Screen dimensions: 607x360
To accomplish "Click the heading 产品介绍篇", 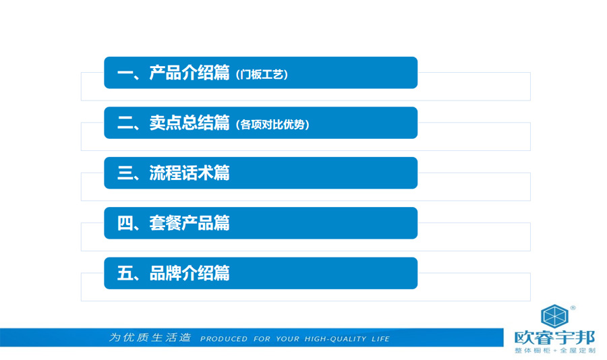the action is pyautogui.click(x=190, y=72).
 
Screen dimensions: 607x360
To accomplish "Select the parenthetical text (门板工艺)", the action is pyautogui.click(x=262, y=74).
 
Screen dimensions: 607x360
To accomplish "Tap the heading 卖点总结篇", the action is pyautogui.click(x=190, y=123).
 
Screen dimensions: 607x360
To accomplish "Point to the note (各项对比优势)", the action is pyautogui.click(x=272, y=125).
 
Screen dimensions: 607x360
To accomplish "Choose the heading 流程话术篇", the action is pyautogui.click(x=190, y=173).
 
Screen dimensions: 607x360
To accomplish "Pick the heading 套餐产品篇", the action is pyautogui.click(x=190, y=223).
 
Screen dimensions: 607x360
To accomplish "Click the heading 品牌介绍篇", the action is pyautogui.click(x=190, y=273).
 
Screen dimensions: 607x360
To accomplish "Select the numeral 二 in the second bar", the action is pyautogui.click(x=125, y=123).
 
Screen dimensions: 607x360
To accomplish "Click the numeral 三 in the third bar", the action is pyautogui.click(x=125, y=173).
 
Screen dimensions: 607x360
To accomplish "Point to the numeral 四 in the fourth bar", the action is pyautogui.click(x=125, y=223).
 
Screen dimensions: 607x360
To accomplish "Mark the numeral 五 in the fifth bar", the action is pyautogui.click(x=125, y=273).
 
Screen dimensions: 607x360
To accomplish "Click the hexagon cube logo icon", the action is pyautogui.click(x=554, y=316).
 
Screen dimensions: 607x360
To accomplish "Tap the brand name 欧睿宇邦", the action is pyautogui.click(x=554, y=338).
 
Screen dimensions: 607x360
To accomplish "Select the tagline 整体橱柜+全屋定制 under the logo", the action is pyautogui.click(x=555, y=351).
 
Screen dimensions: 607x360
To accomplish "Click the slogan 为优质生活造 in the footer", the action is pyautogui.click(x=150, y=338).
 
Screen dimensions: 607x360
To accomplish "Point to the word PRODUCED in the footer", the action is pyautogui.click(x=223, y=339).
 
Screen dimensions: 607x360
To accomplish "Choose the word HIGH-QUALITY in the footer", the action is pyautogui.click(x=335, y=339).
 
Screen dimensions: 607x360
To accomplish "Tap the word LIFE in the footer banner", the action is pyautogui.click(x=380, y=339).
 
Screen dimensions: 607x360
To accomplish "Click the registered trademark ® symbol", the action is pyautogui.click(x=573, y=307).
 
